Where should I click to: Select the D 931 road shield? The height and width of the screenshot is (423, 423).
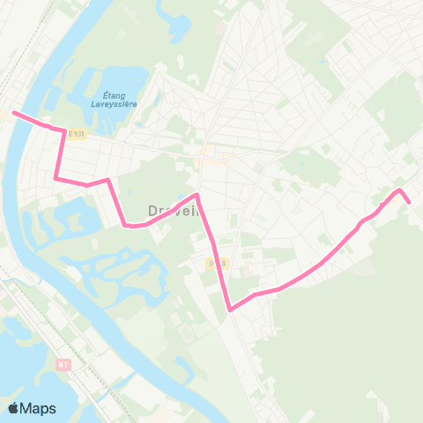(78, 134)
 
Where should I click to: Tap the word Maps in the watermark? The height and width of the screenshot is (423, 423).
(39, 408)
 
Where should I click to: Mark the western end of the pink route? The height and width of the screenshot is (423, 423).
(12, 113)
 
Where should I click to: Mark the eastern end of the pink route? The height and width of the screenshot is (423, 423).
(409, 202)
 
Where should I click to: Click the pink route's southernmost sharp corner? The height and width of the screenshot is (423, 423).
(230, 310)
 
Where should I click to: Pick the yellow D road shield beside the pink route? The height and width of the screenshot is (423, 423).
(218, 262)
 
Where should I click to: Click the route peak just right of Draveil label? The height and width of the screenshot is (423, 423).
(197, 195)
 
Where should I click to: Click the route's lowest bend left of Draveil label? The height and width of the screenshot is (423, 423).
(129, 226)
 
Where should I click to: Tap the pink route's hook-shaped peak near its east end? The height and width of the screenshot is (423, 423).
(399, 190)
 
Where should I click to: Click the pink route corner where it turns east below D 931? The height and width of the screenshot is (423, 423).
(56, 179)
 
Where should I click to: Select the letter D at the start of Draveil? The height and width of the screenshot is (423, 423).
(151, 211)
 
